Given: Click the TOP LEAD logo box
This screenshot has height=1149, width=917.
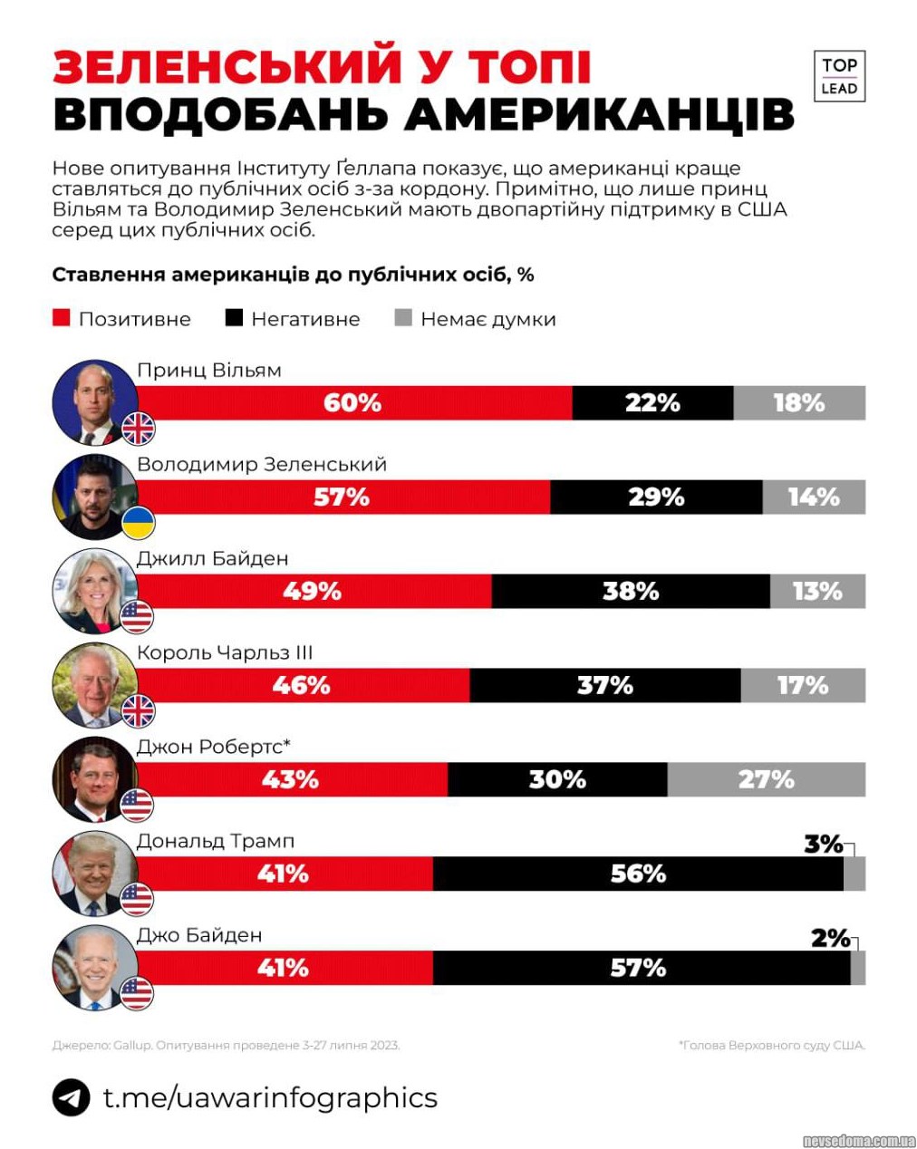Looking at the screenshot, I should tap(839, 76).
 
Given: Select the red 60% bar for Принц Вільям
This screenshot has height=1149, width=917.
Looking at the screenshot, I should tap(353, 403).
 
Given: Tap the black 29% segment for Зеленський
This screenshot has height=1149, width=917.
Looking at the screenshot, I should tap(656, 497).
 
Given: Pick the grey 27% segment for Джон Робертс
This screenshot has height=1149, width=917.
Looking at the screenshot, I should tap(766, 779).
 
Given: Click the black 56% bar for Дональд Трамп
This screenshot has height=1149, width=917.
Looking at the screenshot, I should tap(638, 874).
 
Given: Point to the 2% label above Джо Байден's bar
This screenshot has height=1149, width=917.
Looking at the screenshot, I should tap(830, 938).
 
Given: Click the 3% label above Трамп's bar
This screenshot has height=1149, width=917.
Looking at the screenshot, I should tap(824, 844).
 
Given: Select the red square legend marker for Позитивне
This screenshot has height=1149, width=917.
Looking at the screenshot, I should tap(62, 318).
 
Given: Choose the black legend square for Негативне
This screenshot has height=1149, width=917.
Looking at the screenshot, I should tap(234, 318).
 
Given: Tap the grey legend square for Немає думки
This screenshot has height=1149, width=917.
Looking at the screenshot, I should tap(404, 318).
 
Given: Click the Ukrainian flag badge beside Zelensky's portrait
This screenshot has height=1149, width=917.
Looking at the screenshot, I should tap(138, 523).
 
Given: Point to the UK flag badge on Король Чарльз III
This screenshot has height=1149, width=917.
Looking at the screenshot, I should tap(138, 711).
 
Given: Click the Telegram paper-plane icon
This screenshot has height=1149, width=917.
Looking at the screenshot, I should tap(71, 1097).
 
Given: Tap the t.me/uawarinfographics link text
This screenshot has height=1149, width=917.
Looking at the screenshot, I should tap(270, 1097).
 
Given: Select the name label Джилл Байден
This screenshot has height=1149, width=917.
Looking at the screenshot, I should tap(212, 558).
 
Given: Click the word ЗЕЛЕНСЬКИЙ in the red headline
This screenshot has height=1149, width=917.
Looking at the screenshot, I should tap(227, 67).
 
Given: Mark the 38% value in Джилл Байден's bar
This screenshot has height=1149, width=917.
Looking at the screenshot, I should tap(631, 592).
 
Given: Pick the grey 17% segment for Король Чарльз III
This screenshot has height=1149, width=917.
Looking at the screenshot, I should tap(803, 686).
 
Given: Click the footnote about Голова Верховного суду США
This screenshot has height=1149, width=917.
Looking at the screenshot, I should tap(771, 1045).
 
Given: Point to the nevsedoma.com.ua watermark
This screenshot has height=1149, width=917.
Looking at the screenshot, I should tap(859, 1140).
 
